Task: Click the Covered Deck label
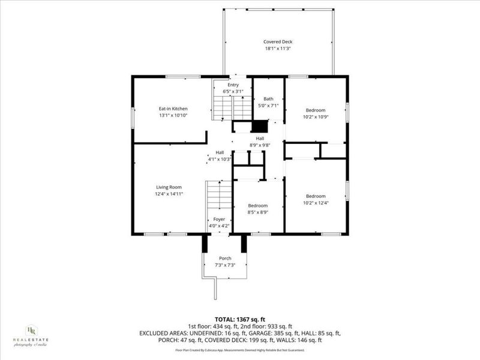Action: click(x=278, y=41)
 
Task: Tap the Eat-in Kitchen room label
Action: click(x=173, y=109)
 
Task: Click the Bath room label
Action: click(x=268, y=98)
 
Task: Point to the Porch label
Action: click(x=225, y=258)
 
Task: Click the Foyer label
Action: click(x=219, y=220)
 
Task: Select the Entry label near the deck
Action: click(x=233, y=85)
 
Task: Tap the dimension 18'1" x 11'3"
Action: click(x=278, y=48)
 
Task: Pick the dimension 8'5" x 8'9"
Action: click(x=258, y=212)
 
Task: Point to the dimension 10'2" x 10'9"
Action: click(x=316, y=116)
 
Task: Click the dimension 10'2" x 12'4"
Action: click(x=316, y=203)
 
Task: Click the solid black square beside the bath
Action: click(x=259, y=127)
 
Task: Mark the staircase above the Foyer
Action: click(x=220, y=195)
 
